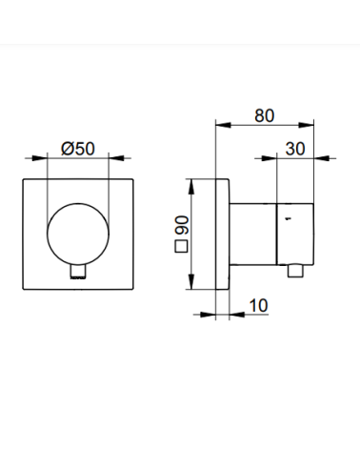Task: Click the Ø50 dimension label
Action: click(78, 149)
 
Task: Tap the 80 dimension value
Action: click(265, 115)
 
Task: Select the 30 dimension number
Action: click(295, 149)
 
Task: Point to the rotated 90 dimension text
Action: click(183, 225)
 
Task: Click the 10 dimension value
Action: click(259, 305)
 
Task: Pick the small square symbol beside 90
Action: click(181, 247)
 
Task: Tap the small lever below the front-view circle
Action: click(78, 272)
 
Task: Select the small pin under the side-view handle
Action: click(295, 271)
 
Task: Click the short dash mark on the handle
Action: click(288, 218)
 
